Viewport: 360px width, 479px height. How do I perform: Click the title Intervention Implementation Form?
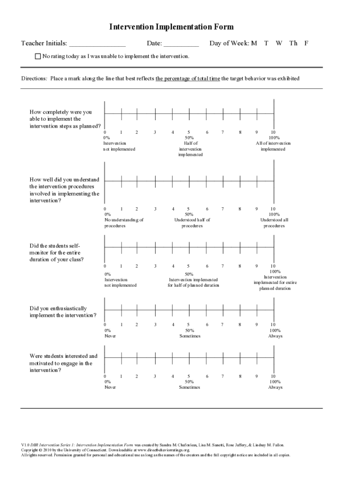171,27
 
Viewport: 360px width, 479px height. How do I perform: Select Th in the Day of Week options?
293,44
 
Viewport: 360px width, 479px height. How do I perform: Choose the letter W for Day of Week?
279,44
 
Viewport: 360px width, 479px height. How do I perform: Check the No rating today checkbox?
38,56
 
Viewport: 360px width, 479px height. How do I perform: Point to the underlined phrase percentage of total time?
187,79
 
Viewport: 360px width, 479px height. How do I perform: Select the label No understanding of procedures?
124,223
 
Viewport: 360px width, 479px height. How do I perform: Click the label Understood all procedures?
274,223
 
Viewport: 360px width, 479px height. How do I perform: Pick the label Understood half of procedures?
192,223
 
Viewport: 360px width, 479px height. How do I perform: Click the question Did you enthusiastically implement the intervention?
63,312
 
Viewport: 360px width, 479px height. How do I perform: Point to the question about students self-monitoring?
57,252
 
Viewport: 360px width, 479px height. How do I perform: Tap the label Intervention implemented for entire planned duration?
275,282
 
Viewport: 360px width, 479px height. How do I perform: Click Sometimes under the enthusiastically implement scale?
189,336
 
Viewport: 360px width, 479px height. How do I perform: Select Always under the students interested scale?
275,387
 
